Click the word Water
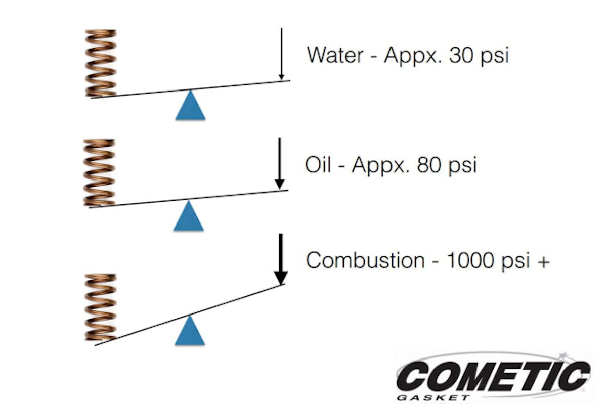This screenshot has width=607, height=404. tap(335, 55)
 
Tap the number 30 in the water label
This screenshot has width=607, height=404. tap(461, 55)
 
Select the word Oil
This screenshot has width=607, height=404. tap(318, 164)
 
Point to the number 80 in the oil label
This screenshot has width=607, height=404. tap(429, 164)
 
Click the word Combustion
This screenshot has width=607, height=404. tap(365, 260)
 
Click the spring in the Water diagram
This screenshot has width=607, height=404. tap(101, 63)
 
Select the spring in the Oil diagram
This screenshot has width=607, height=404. tap(99, 172)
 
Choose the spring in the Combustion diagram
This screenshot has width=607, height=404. tap(101, 307)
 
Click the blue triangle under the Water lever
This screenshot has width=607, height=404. tap(190, 105)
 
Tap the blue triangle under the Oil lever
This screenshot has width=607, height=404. tap(188, 215)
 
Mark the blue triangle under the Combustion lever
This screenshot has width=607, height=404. tap(190, 330)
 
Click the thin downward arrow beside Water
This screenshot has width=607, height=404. tap(282, 54)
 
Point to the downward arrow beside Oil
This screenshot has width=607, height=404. tap(279, 163)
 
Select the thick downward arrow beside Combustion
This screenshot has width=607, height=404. tap(281, 259)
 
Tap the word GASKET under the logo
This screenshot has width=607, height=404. tap(433, 398)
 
